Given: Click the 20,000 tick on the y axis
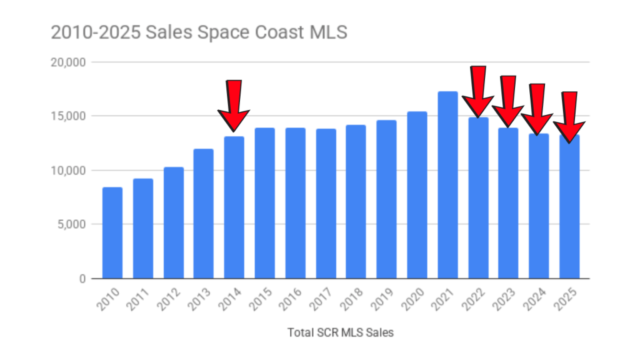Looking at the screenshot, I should pyautogui.click(x=68, y=62).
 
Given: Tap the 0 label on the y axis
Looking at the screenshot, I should pyautogui.click(x=82, y=279).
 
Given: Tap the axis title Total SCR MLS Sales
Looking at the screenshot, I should pyautogui.click(x=341, y=333).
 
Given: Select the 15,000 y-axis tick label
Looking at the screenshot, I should pyautogui.click(x=68, y=116).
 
